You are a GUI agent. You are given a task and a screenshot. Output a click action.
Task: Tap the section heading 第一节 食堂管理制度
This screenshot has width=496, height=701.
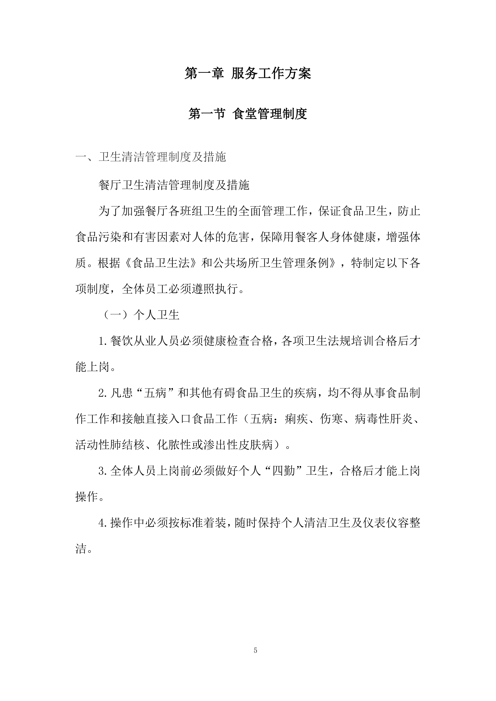point(248,114)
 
